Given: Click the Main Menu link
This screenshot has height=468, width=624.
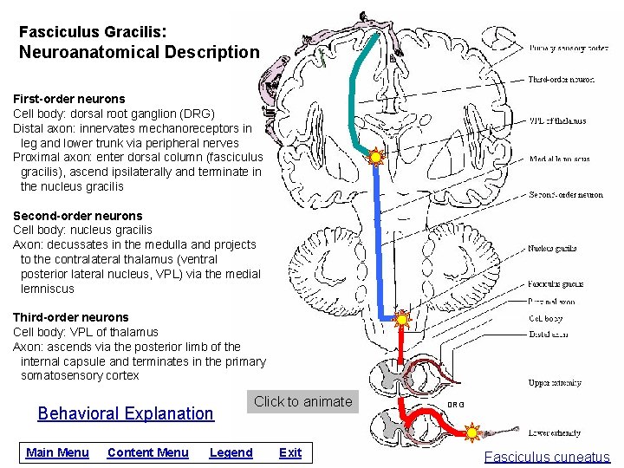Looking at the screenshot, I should tap(57, 452).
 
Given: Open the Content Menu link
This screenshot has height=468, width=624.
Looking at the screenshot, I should tap(147, 452).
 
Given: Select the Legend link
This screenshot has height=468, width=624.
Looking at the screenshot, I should tap(231, 452).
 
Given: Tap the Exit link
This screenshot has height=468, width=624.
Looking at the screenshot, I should tap(290, 452).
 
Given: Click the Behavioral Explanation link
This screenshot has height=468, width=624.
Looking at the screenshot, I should tap(126, 413).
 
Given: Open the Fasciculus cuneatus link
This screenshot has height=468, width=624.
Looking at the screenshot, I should tap(547, 458).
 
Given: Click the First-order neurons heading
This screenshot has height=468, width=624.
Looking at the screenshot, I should tap(68, 99).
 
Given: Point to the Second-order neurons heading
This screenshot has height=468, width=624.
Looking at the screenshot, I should tap(77, 216).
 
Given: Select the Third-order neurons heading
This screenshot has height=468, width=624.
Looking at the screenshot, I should tap(70, 317).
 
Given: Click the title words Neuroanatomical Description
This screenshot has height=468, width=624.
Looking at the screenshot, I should tap(140, 52).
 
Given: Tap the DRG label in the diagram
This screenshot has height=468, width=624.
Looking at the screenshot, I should tap(455, 405).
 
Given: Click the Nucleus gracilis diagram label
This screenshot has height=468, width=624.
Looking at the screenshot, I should tap(552, 249).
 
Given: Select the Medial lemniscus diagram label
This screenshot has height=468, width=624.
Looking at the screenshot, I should tap(559, 159).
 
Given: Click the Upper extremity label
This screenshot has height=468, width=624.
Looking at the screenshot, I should tap(555, 383).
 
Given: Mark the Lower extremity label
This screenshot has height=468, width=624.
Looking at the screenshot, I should tap(555, 432).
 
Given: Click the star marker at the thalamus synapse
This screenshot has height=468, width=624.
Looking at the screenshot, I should tap(376, 158).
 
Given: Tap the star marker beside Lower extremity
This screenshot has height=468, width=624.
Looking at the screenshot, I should tap(472, 432).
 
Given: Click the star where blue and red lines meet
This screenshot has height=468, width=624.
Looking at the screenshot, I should tap(400, 319).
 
